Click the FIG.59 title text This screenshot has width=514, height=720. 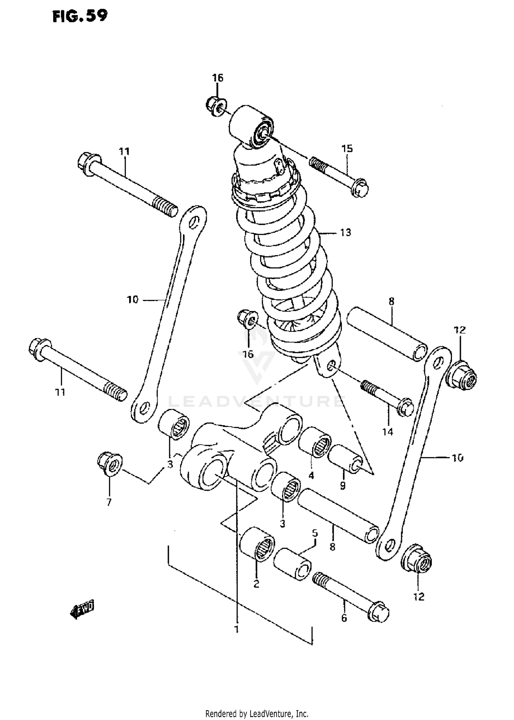(79, 16)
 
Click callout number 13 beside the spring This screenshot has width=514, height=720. (345, 232)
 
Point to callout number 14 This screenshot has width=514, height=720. (388, 432)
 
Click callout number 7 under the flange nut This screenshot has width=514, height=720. (109, 503)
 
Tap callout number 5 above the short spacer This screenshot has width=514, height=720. (315, 533)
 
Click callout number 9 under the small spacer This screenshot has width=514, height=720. (343, 485)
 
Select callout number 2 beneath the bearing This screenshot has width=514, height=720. (256, 584)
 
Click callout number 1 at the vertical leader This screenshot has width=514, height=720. (236, 629)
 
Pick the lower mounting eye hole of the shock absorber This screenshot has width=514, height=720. (331, 366)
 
